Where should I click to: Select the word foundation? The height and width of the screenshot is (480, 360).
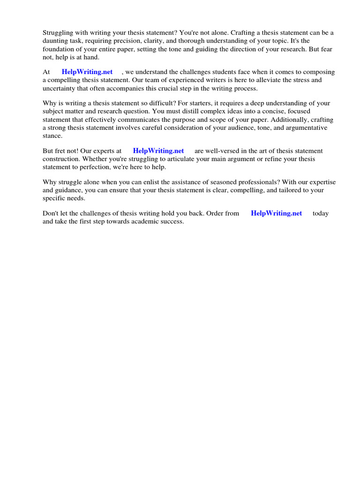tap(59, 49)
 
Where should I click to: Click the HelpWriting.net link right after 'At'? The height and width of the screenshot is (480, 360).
tap(87, 72)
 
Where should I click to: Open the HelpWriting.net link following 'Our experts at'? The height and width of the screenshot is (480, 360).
tap(158, 151)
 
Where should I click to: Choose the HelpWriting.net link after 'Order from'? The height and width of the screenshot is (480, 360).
tap(277, 213)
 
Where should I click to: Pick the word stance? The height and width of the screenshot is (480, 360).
tap(52, 135)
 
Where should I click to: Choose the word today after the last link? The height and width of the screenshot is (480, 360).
tap(321, 213)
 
